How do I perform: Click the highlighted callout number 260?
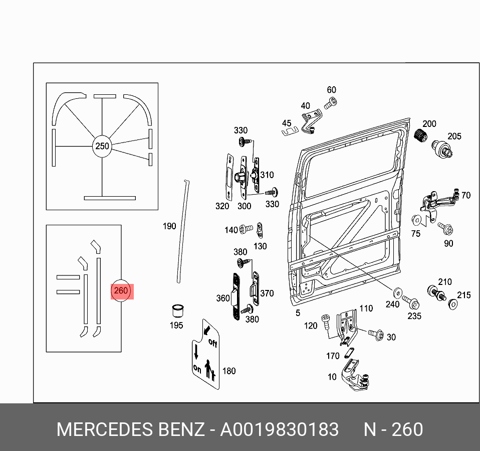pyautogui.click(x=122, y=290)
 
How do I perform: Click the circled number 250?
pyautogui.click(x=102, y=146)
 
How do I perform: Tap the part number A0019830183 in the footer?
pyautogui.click(x=280, y=430)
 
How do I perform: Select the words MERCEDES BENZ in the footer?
pyautogui.click(x=130, y=430)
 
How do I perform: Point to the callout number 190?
pyautogui.click(x=169, y=226)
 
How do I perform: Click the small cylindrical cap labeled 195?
pyautogui.click(x=176, y=310)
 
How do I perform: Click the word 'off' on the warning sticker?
pyautogui.click(x=212, y=344)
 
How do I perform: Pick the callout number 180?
pyautogui.click(x=228, y=371)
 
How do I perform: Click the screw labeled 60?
pyautogui.click(x=330, y=104)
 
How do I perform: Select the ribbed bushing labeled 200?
pyautogui.click(x=421, y=135)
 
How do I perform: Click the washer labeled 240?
pyautogui.click(x=398, y=292)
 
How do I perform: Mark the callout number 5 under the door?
pyautogui.click(x=298, y=313)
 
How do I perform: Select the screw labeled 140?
pyautogui.click(x=246, y=229)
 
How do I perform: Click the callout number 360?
pyautogui.click(x=222, y=298)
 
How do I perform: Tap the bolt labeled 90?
pyautogui.click(x=447, y=230)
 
